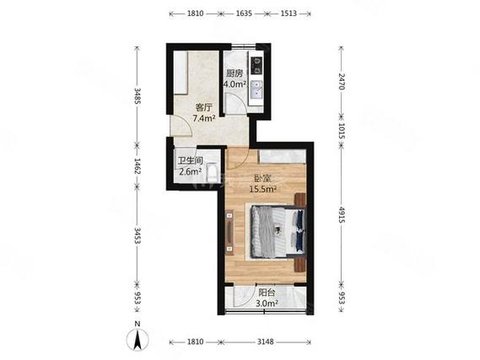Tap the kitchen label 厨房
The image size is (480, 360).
tap(235, 73)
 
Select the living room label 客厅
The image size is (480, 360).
tap(203, 108)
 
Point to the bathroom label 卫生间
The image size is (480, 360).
tap(191, 160)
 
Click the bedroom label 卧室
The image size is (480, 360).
tap(263, 179)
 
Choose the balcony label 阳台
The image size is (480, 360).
tap(267, 293)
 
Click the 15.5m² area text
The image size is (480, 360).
tap(263, 190)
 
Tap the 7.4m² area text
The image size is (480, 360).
tap(203, 118)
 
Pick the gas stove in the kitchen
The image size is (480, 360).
tap(256, 66)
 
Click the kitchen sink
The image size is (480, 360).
tap(256, 90)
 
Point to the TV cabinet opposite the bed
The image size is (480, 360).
tap(229, 233)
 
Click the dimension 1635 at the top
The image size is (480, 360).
tap(245, 13)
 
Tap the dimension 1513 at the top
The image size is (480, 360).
tap(289, 13)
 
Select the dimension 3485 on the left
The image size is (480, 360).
tap(138, 96)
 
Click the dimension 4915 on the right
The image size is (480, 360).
tap(342, 214)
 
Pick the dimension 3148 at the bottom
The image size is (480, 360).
tap(265, 341)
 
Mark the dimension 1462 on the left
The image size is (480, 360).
tap(138, 166)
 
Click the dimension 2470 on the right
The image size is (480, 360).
tap(342, 81)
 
